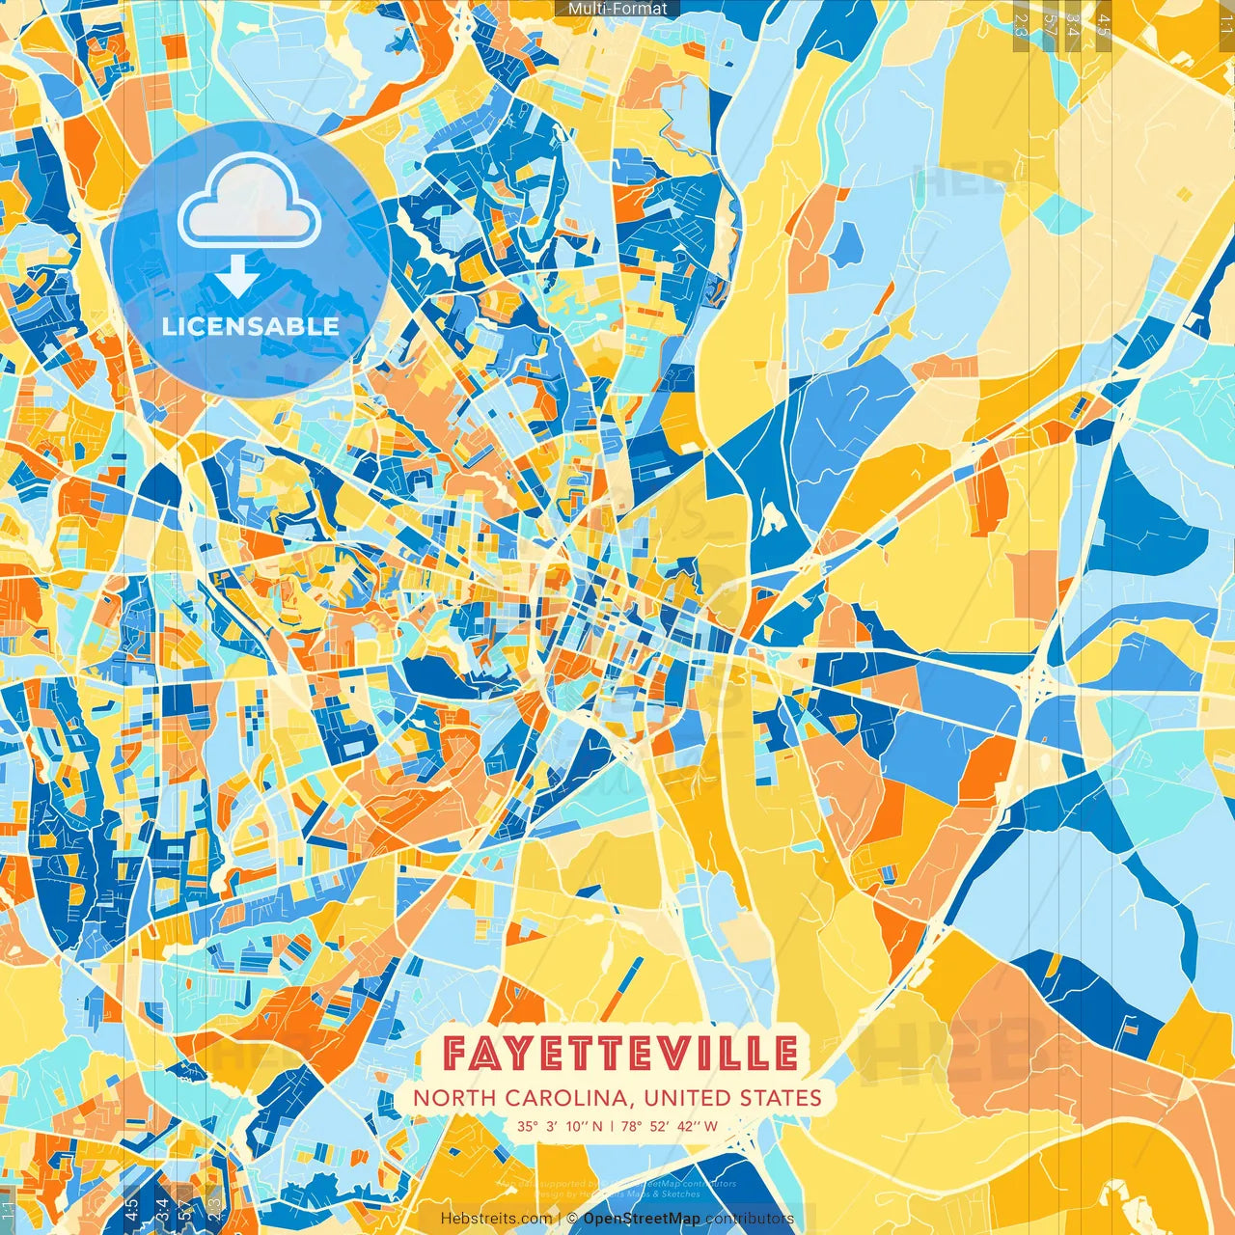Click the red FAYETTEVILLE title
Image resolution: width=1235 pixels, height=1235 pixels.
620,1053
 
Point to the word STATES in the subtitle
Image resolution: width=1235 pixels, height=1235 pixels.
781,1098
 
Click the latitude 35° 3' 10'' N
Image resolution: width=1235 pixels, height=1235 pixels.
560,1126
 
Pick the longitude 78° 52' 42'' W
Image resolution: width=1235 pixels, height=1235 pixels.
670,1126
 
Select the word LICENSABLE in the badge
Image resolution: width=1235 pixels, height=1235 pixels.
251,326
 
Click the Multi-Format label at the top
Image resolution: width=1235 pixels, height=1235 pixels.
617,9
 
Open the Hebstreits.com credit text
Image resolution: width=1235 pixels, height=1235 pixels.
496,1219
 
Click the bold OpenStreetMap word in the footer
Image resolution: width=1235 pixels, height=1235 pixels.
642,1219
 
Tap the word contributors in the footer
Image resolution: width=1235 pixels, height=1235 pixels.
750,1219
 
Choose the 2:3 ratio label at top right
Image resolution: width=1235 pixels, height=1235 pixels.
1021,21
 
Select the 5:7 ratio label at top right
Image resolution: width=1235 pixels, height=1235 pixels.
1050,21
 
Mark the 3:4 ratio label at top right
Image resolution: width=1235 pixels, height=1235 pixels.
1073,21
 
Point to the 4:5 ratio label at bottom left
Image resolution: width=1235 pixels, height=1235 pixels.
131,1211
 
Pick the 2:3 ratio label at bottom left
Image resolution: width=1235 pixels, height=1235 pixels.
214,1211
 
